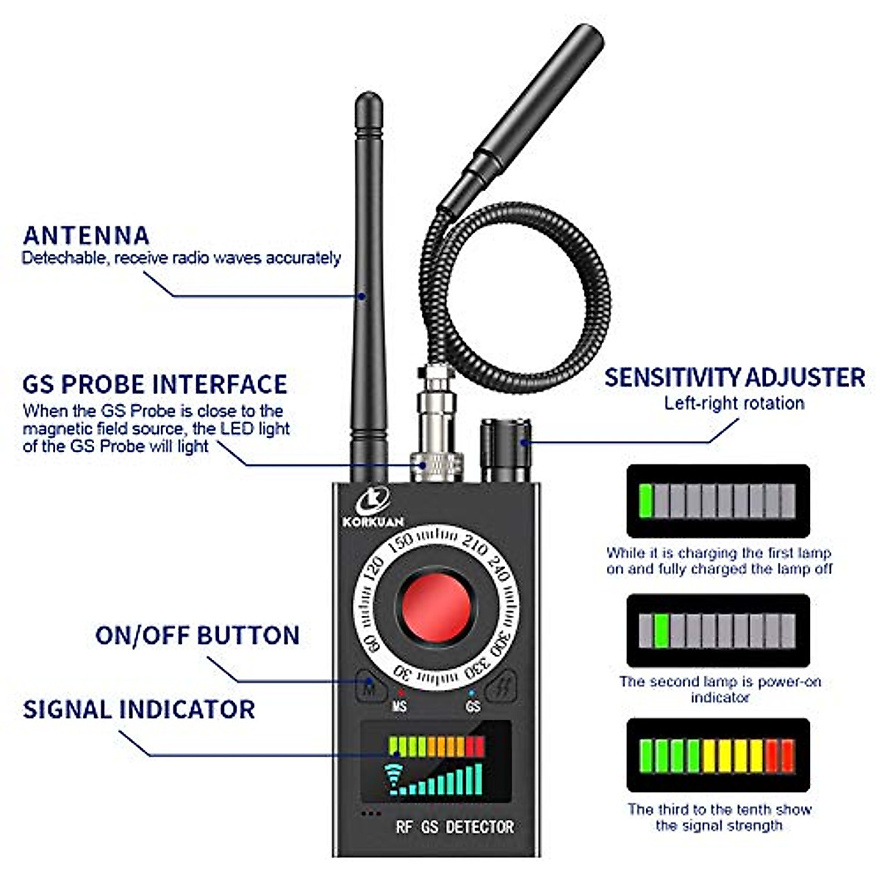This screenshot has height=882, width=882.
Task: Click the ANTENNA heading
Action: click(x=86, y=235)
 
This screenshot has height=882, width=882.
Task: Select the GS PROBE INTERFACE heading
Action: click(x=154, y=384)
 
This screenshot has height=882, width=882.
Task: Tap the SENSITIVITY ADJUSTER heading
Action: click(x=734, y=377)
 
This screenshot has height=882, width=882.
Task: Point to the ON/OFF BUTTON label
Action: click(x=197, y=635)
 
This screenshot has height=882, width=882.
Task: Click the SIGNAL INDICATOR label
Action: click(x=139, y=709)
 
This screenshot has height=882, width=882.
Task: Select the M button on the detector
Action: click(x=372, y=689)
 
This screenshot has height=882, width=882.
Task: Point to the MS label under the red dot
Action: click(x=399, y=706)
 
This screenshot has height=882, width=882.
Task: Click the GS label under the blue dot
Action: click(x=473, y=706)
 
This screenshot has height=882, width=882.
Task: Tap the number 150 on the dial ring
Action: click(x=401, y=542)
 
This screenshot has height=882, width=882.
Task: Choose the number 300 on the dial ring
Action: click(x=503, y=637)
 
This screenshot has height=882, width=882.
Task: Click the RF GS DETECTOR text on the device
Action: click(x=454, y=827)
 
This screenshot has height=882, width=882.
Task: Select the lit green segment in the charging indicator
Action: click(x=646, y=501)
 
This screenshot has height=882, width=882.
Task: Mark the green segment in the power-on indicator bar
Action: click(x=661, y=631)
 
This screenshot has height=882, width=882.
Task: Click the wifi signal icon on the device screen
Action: click(x=396, y=779)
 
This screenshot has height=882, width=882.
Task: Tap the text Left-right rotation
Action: click(x=734, y=404)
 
